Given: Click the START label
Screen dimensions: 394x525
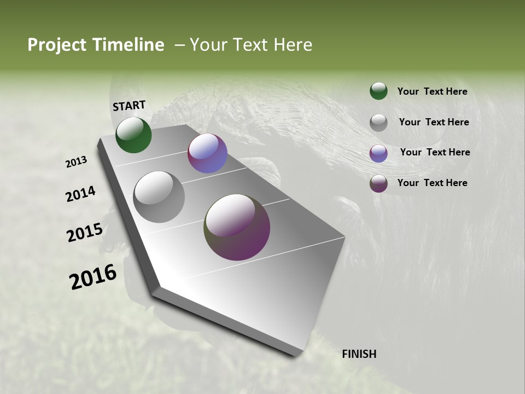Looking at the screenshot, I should pos(129,106).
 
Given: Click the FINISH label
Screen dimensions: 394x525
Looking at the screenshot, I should pos(359,354).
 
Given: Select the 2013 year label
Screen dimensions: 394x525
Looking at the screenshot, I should pos(76,162).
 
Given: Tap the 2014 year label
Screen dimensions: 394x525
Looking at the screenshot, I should pos(80,194).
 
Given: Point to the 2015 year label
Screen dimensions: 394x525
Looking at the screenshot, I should pos(84,233).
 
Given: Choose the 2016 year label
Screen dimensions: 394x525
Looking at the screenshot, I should pos(93,277).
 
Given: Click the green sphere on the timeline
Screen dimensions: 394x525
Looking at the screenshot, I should pos(133,135).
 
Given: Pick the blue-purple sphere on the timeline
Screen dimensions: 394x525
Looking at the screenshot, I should pos(207,153).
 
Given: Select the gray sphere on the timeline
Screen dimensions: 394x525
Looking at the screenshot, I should pos(159,197).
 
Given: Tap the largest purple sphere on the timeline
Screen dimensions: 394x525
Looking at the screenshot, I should pos(237,227).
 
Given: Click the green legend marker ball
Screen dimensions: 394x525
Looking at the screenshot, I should pos(378,91).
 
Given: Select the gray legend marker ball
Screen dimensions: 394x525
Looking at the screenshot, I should pos(378,122).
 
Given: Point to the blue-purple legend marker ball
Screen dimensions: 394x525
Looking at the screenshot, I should pos(378,153).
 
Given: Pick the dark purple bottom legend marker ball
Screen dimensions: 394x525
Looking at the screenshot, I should pos(378,183).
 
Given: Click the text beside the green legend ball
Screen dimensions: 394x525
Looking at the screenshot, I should pos(432,92).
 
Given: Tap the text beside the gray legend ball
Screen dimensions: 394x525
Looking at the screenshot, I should pos(434,122).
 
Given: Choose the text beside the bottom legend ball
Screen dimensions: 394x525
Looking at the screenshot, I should pos(432,183).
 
